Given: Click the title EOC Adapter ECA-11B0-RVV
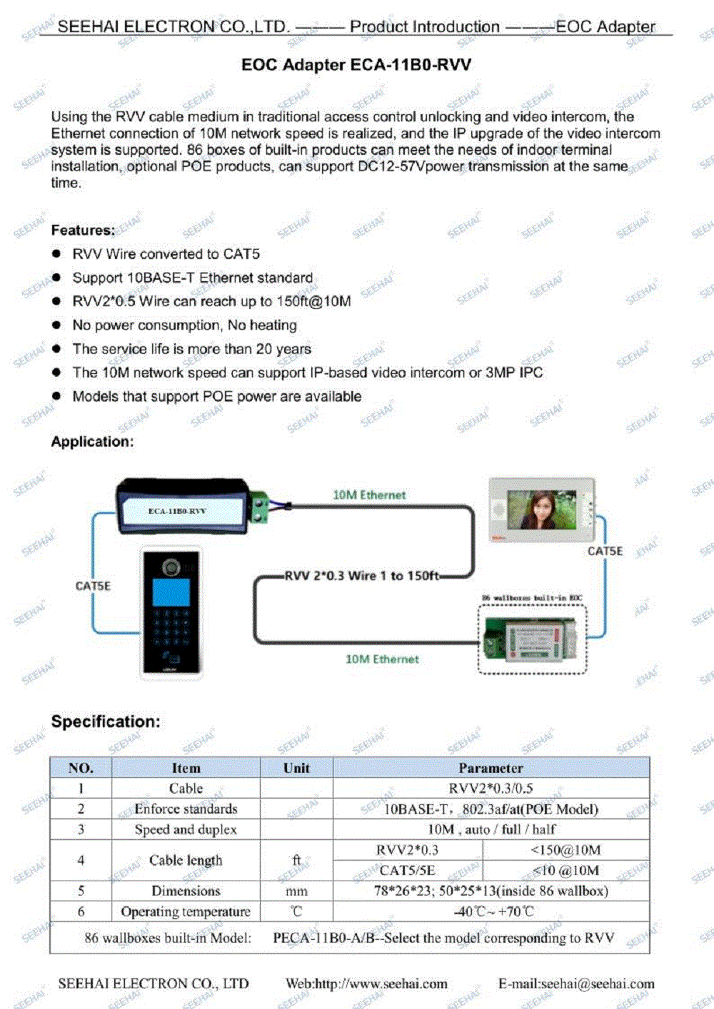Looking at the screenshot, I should tap(356, 65).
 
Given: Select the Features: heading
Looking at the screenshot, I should tap(83, 230).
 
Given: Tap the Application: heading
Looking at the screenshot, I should tap(92, 441).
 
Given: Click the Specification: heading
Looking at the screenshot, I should tap(106, 721).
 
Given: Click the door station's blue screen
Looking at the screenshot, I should tap(171, 592).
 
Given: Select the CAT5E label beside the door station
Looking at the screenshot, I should tap(93, 586).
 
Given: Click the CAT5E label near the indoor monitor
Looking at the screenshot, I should tap(605, 551).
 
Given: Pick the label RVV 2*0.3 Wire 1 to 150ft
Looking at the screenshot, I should tap(361, 575).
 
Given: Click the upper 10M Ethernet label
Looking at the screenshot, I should tap(369, 495).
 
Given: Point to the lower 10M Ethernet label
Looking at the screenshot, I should tap(382, 659).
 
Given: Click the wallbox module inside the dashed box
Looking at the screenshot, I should tap(532, 639).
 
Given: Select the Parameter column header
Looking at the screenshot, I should tap(491, 768).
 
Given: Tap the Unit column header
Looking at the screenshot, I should tap(296, 768).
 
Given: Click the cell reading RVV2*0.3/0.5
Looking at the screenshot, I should tap(491, 789).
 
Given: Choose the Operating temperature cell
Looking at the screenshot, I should tap(186, 911).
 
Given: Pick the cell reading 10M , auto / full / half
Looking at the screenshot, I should tap(491, 829).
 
